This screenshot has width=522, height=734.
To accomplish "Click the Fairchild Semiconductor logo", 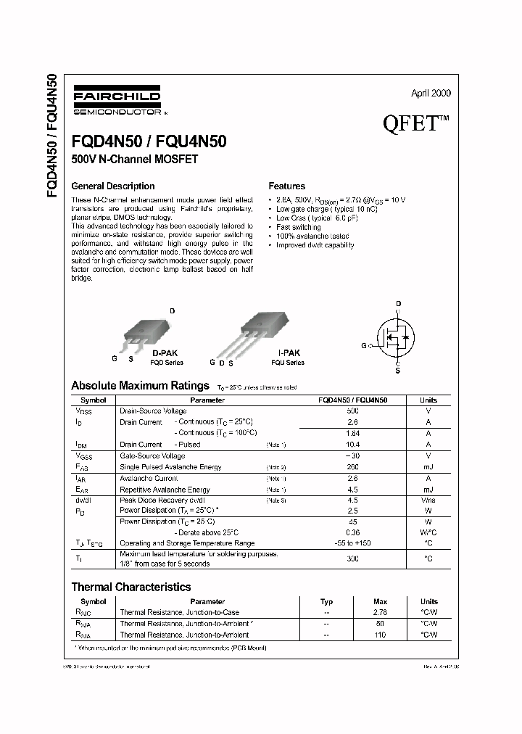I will [x=116, y=102].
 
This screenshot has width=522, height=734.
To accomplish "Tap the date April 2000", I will [x=431, y=94].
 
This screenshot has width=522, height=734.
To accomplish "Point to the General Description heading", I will [x=112, y=186].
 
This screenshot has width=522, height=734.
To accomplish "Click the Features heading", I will [x=286, y=186].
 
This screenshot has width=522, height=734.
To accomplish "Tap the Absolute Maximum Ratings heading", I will [x=140, y=385].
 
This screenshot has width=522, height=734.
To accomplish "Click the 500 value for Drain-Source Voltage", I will [x=353, y=411].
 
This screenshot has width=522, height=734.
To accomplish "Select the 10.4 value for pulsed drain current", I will [x=353, y=445].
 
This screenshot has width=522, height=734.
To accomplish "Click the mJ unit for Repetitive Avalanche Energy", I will [x=428, y=490].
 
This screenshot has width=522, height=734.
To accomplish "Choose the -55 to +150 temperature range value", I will [x=353, y=543].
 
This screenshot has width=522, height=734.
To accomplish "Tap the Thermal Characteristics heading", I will [x=130, y=587].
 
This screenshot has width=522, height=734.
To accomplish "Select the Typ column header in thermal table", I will [x=327, y=601].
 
